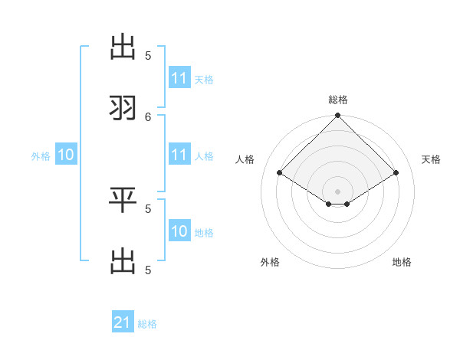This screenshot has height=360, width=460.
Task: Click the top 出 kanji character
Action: (x=123, y=47)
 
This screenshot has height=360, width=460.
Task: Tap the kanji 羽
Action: (x=123, y=108)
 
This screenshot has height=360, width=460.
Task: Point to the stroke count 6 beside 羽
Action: (x=148, y=116)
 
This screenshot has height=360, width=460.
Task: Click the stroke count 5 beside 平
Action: (x=148, y=208)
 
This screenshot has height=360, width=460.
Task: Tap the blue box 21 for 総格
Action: (x=123, y=322)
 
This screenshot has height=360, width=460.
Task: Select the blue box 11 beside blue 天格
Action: (x=179, y=78)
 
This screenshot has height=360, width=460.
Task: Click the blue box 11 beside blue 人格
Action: (x=179, y=155)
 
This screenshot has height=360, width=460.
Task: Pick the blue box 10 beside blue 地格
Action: (x=179, y=231)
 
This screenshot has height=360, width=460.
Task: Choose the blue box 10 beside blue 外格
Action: (x=65, y=155)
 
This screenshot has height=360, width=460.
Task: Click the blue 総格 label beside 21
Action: (x=147, y=324)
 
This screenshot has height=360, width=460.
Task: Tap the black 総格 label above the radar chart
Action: (x=338, y=100)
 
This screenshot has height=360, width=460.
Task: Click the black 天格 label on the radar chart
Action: (x=432, y=159)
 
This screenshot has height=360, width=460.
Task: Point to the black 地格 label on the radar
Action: (x=402, y=262)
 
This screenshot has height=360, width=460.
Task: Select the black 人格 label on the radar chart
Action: (x=245, y=159)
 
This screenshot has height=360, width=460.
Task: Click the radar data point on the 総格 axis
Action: (x=338, y=116)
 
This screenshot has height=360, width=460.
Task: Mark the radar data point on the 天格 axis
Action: (x=396, y=172)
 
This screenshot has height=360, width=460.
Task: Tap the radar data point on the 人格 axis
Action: (x=280, y=172)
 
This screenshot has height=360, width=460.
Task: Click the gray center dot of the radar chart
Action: (x=338, y=191)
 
